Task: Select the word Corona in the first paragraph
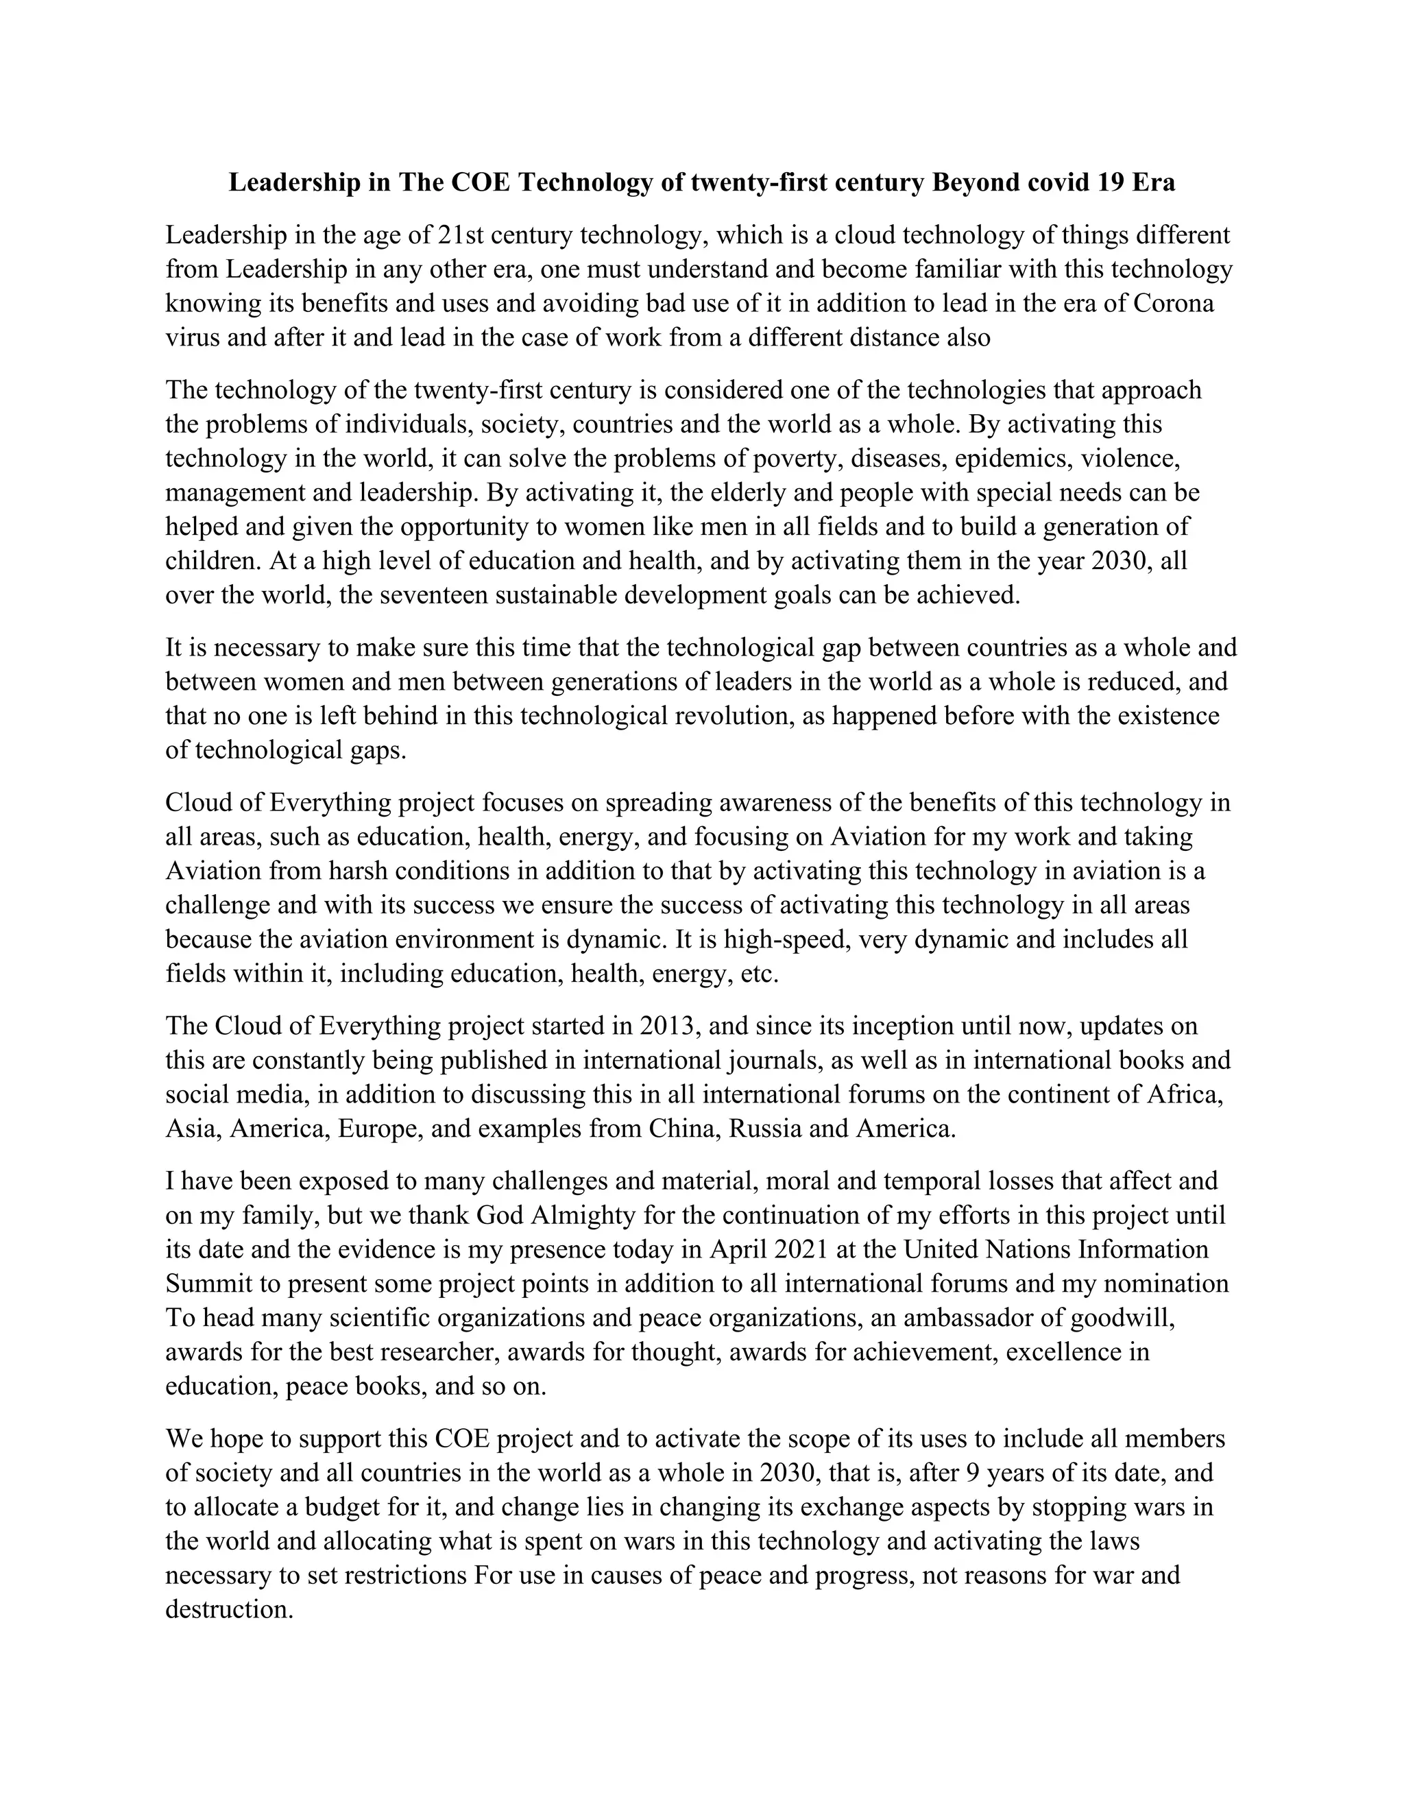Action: pyautogui.click(x=1174, y=303)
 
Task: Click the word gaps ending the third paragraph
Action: pyautogui.click(x=375, y=749)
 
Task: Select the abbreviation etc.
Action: pyautogui.click(x=759, y=974)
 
